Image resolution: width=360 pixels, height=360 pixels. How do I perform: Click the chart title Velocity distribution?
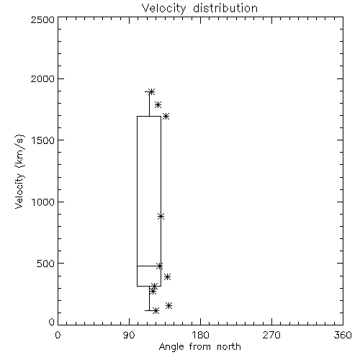click(199, 9)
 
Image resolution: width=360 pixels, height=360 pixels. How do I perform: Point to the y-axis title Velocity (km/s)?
click(19, 171)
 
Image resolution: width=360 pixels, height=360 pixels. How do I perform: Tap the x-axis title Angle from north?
click(199, 347)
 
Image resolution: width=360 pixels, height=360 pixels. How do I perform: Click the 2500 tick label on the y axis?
click(42, 19)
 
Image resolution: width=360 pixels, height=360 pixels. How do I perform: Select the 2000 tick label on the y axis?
click(42, 78)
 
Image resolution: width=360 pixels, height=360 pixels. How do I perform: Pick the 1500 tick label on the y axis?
click(43, 140)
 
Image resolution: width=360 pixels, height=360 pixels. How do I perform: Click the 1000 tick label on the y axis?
click(43, 202)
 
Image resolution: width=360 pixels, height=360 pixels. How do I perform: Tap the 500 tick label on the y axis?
click(45, 264)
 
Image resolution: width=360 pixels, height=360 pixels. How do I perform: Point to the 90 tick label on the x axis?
click(129, 335)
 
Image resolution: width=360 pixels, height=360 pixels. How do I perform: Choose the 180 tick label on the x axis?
click(199, 335)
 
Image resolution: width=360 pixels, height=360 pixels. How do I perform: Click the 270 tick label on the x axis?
click(271, 335)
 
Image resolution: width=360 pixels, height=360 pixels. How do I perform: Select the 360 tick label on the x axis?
click(343, 335)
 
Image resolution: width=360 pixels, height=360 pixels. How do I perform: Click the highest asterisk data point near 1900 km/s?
click(151, 91)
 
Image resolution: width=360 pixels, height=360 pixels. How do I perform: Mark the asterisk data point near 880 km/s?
click(161, 216)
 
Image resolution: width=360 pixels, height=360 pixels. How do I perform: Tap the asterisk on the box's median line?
click(160, 266)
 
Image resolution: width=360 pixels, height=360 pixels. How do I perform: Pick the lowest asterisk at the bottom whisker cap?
click(156, 311)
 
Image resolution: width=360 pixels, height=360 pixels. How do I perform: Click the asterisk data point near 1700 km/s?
click(166, 117)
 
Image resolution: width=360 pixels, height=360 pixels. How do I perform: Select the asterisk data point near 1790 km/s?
click(158, 104)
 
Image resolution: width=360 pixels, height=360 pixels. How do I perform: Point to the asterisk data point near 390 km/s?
click(167, 276)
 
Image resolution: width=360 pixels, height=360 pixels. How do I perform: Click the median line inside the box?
click(149, 266)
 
